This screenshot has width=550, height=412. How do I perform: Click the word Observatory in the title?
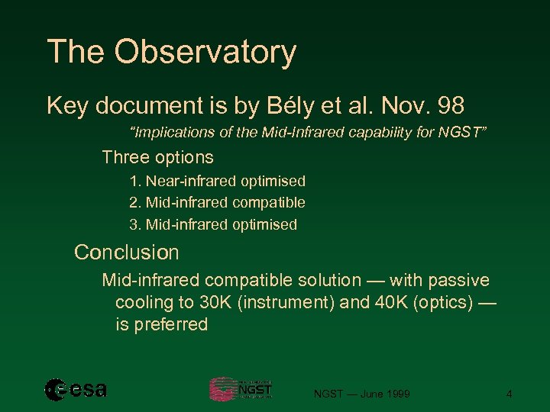coord(205,53)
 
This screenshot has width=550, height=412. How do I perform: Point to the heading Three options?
coord(157,157)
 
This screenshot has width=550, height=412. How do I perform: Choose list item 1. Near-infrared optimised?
coord(217,181)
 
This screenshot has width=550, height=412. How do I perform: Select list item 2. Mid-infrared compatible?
coord(217,202)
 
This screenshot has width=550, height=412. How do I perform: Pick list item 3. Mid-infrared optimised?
coord(213,224)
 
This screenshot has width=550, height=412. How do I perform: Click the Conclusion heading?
coord(126,253)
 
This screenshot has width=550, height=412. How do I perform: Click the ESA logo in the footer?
coord(76,390)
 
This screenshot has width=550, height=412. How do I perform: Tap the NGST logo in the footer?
coord(241,389)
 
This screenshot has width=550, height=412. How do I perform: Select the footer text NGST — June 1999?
coord(362,394)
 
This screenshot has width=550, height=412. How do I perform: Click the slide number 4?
coord(509,394)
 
